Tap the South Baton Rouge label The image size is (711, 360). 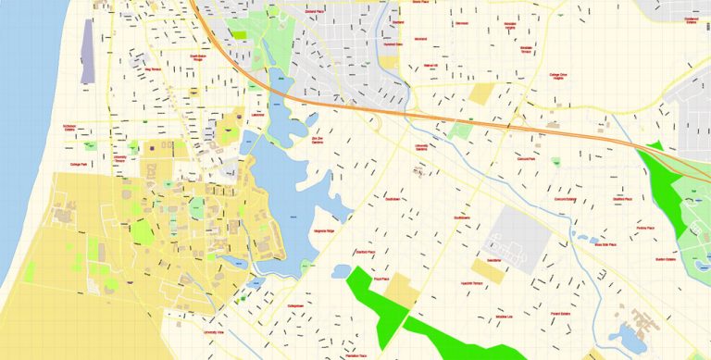pos(203,57)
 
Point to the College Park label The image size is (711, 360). pos(79,165)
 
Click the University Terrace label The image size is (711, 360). pos(119,159)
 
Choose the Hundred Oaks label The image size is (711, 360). pos(393,43)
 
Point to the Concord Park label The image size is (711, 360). pos(529,159)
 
